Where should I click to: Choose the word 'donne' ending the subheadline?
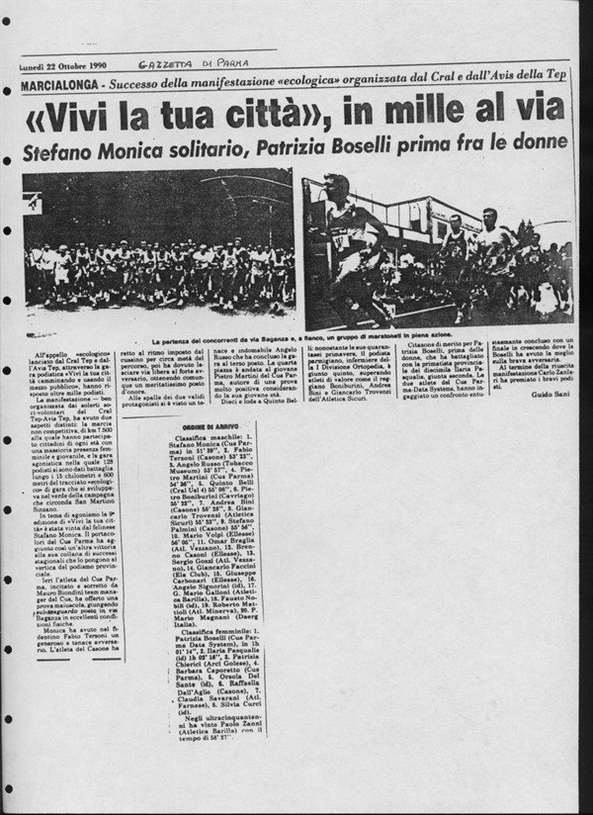(540, 146)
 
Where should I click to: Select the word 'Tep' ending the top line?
(558, 84)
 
